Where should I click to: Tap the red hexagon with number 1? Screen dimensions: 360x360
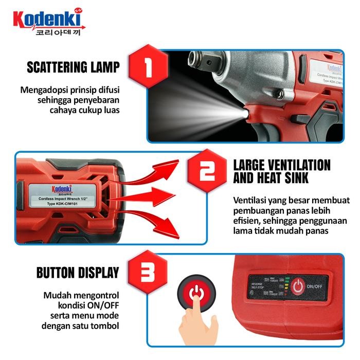(148, 67)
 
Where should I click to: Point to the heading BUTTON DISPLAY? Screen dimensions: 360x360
(78, 273)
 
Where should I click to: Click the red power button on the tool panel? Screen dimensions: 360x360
(298, 287)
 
